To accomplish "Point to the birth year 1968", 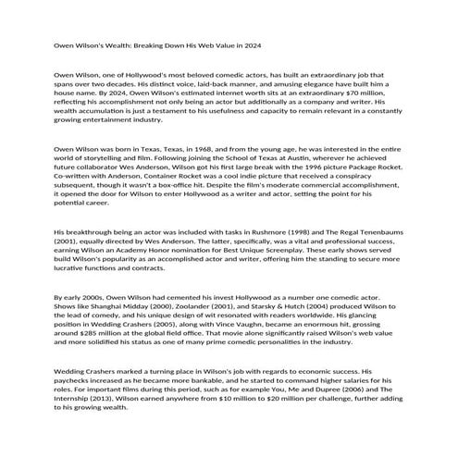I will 183,148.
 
